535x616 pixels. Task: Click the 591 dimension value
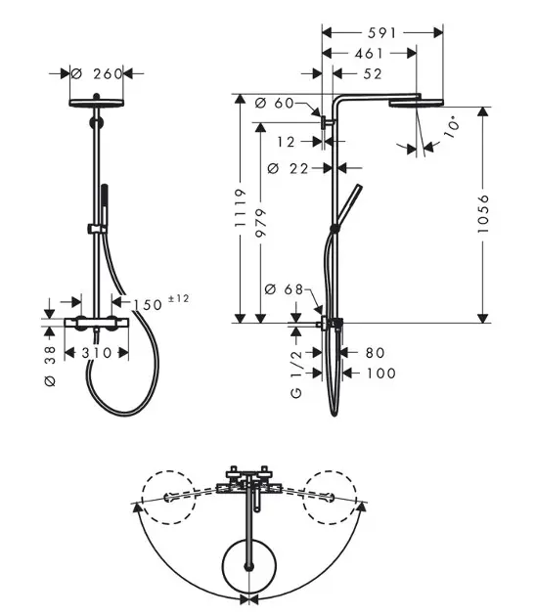click(x=381, y=33)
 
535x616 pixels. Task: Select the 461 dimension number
click(x=369, y=54)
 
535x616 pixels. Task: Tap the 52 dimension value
click(x=373, y=74)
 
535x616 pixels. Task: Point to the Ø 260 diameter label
click(x=97, y=73)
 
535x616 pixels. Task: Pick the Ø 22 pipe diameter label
click(x=288, y=168)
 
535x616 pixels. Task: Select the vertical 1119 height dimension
click(x=240, y=208)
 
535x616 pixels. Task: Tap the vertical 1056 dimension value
click(x=483, y=213)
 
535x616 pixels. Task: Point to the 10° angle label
click(x=452, y=126)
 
